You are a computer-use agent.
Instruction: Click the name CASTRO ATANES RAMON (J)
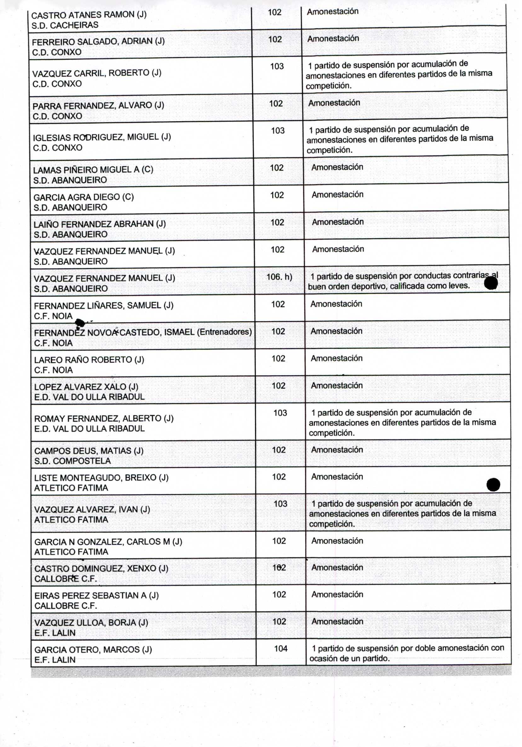89,14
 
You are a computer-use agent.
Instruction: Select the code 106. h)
279,277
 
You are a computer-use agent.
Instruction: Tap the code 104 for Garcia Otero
281,648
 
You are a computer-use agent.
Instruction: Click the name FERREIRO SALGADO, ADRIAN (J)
98,41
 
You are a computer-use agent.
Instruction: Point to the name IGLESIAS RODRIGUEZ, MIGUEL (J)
102,137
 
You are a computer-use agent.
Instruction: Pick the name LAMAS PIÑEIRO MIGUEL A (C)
93,170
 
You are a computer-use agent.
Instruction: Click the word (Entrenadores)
224,332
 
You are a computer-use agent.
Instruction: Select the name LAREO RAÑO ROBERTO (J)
89,359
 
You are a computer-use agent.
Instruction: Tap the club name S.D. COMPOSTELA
72,461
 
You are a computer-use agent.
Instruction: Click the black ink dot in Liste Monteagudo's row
493,485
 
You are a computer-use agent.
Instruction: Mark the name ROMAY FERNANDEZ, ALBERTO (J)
104,418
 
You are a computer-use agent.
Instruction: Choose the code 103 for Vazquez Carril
277,66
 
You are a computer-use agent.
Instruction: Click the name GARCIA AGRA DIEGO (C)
83,197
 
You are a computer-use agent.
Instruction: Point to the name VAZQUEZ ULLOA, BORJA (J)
91,622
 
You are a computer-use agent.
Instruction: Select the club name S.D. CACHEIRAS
65,25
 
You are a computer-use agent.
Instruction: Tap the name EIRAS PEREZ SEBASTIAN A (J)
97,595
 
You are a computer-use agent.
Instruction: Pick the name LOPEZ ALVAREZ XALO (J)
86,387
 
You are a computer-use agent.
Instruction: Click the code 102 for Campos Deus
279,450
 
